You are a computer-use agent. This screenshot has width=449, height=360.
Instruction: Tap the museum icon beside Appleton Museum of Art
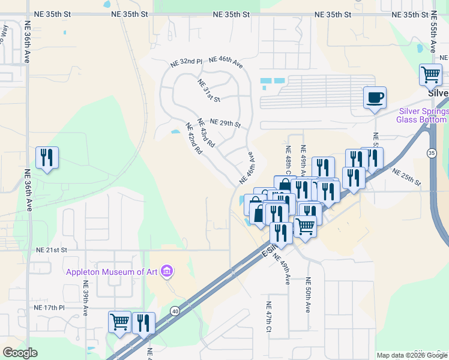167,272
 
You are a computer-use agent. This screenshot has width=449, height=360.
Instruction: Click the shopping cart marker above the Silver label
430,76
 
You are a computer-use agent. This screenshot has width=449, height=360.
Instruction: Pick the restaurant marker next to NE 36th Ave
47,158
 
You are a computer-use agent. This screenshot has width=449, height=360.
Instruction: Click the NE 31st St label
209,90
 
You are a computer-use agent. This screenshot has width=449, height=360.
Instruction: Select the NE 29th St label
224,124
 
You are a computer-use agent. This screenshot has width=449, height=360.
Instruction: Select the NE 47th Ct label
269,317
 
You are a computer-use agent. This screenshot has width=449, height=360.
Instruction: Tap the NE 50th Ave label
307,295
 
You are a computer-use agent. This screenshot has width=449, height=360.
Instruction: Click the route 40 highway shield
175,311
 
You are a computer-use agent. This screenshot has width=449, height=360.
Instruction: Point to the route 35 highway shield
432,153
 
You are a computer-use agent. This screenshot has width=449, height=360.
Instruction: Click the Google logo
20,353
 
